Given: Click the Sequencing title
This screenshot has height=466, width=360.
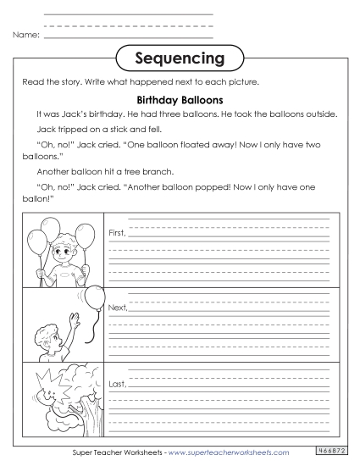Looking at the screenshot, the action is coord(180,58).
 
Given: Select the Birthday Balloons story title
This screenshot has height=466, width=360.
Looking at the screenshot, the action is coord(179,99).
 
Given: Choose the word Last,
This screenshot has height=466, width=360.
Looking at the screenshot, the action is coord(117,384).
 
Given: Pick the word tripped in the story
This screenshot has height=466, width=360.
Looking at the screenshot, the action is coord(75,131).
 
